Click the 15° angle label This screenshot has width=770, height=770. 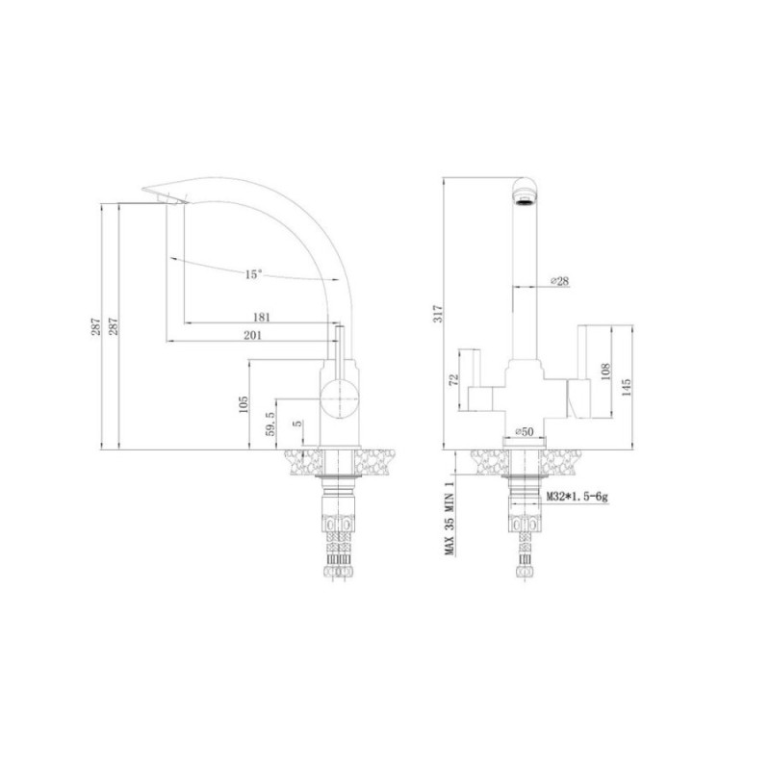[x=253, y=274]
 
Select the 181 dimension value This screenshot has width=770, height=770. [x=261, y=318]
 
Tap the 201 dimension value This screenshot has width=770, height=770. [x=253, y=335]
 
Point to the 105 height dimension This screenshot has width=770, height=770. [x=244, y=404]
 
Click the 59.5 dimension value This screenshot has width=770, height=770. [x=270, y=423]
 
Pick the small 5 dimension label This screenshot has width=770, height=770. [x=298, y=423]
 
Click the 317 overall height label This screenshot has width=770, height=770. [x=438, y=314]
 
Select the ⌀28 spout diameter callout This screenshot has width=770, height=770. [x=559, y=281]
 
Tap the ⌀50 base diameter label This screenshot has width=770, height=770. [x=524, y=431]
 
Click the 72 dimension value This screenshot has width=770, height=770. [x=453, y=379]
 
